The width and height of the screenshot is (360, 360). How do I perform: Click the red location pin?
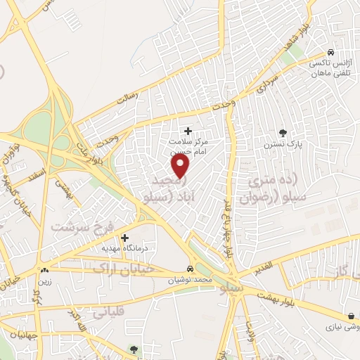(x=181, y=166)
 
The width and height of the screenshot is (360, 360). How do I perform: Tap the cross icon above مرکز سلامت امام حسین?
(x=188, y=131)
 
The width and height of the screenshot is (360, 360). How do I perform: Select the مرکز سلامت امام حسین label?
(x=188, y=146)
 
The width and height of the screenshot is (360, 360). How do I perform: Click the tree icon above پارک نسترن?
(x=283, y=132)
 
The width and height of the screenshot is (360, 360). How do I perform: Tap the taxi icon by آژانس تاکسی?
(x=330, y=52)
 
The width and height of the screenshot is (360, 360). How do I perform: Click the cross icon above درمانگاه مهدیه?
(x=125, y=238)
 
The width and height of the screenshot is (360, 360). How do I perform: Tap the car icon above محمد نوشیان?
(x=191, y=269)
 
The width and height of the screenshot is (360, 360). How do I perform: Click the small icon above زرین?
(x=46, y=270)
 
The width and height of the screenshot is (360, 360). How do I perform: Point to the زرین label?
(x=46, y=280)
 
